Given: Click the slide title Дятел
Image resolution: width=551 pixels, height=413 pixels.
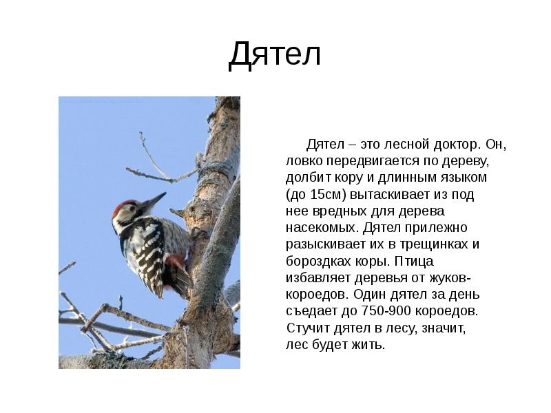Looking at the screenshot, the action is click(274, 55).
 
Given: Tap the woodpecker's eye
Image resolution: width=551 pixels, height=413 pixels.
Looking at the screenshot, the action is click(132, 209).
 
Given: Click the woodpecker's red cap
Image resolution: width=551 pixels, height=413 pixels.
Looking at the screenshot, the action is click(124, 207).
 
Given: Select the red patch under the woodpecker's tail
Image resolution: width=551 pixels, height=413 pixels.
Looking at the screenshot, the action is click(175, 260).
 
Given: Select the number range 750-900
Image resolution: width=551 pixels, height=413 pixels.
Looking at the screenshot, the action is click(386, 311).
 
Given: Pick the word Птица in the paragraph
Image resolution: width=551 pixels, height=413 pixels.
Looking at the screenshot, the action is click(414, 262).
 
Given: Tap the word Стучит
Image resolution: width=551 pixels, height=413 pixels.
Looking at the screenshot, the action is click(308, 328).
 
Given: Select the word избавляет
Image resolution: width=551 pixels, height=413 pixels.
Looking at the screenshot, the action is click(318, 278).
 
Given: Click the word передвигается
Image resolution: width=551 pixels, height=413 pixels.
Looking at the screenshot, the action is click(373, 162).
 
